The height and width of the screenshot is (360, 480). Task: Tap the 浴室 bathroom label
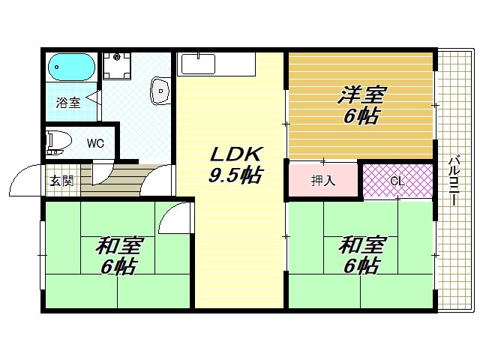click(x=70, y=103)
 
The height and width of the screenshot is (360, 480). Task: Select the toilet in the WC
click(x=58, y=141)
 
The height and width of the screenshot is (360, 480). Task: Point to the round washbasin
click(x=160, y=90)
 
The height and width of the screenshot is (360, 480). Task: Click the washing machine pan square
click(x=116, y=67)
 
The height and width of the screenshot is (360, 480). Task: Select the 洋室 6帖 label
click(x=361, y=106)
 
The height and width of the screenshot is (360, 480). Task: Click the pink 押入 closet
click(x=323, y=180)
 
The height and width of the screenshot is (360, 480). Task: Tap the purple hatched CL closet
click(x=397, y=181)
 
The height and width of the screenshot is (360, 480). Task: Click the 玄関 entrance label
click(x=61, y=181)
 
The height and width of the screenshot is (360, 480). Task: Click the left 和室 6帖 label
click(x=118, y=256)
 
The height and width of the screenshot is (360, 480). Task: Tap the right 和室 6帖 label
click(x=361, y=256)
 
